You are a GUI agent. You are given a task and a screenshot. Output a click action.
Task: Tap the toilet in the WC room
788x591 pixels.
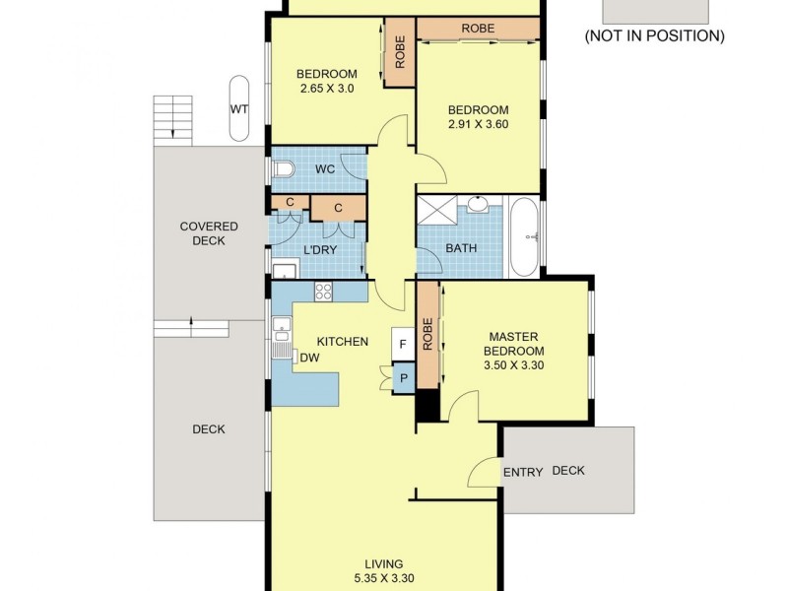(283, 169)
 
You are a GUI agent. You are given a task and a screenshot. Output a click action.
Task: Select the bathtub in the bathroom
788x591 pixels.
(524, 237)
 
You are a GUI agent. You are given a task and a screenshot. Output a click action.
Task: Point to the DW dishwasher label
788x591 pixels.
(308, 358)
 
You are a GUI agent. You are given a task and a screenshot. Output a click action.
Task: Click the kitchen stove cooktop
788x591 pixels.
(323, 291)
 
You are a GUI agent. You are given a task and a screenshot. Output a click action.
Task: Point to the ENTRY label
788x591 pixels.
(523, 472)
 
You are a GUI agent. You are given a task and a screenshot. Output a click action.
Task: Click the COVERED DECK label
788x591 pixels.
(209, 233)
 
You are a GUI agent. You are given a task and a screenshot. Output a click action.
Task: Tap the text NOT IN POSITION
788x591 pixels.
(654, 36)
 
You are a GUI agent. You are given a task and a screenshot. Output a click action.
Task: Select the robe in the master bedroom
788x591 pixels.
(427, 335)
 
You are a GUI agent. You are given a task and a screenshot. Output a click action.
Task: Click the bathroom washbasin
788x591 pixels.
(479, 206)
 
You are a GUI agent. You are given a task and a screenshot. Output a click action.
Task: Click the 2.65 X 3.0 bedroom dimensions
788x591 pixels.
(327, 89)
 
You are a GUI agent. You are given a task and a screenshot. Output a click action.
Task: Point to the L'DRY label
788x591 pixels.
(320, 250)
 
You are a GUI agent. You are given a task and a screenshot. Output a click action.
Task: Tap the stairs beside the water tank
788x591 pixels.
(172, 117)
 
